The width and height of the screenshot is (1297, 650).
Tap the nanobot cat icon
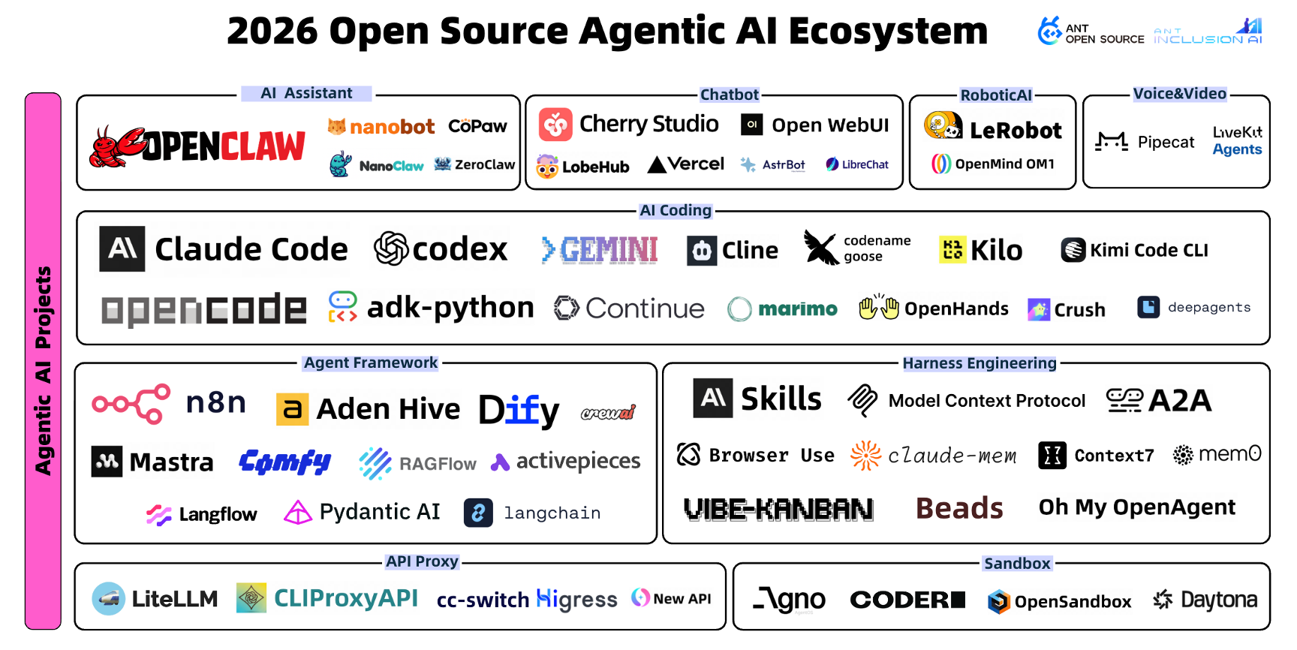[336, 127]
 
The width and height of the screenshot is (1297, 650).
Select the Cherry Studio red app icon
[555, 125]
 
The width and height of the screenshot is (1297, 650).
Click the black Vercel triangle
[657, 164]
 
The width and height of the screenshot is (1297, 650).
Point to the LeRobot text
[1016, 131]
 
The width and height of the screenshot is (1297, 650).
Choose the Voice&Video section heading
[1179, 94]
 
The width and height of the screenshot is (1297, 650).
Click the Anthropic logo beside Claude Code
[122, 248]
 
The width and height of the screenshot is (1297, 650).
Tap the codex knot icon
[391, 248]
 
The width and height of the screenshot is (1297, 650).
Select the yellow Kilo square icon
[952, 249]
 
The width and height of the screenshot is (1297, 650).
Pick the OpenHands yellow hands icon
[879, 308]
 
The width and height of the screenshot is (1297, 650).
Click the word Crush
[1079, 310]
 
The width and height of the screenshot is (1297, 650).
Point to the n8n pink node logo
[131, 404]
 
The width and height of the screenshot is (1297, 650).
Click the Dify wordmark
[519, 410]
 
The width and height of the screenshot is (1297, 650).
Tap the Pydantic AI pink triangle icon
[297, 513]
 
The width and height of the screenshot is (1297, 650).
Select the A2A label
[1180, 401]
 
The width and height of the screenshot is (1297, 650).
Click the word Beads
[959, 508]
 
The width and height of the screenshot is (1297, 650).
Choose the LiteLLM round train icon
[108, 598]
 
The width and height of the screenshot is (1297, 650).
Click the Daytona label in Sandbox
[1219, 600]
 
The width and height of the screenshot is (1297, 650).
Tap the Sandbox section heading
[1017, 564]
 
